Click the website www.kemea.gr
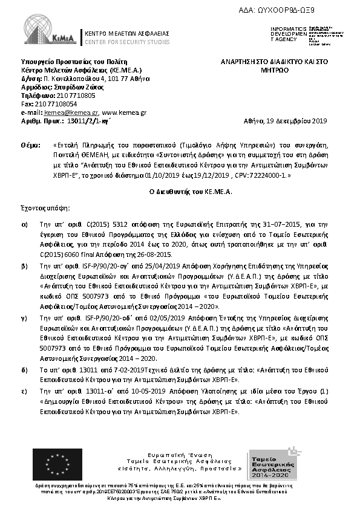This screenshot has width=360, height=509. tap(124, 112)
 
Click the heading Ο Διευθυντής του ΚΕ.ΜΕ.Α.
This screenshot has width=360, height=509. tap(183, 191)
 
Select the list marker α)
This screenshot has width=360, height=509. tap(24, 223)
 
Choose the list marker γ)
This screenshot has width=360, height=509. tap(24, 317)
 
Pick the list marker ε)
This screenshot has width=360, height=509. tap(24, 392)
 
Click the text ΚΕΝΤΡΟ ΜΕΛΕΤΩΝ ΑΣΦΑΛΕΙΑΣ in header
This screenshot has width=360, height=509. tap(126, 33)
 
